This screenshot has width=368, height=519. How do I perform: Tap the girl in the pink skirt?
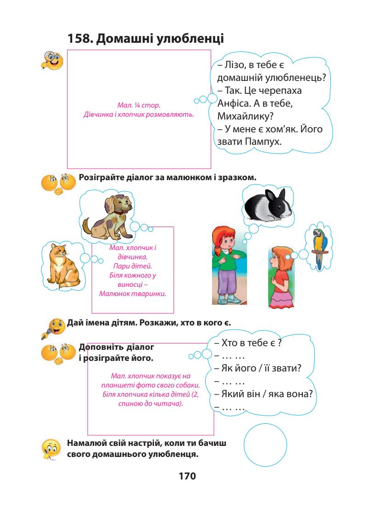280,276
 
